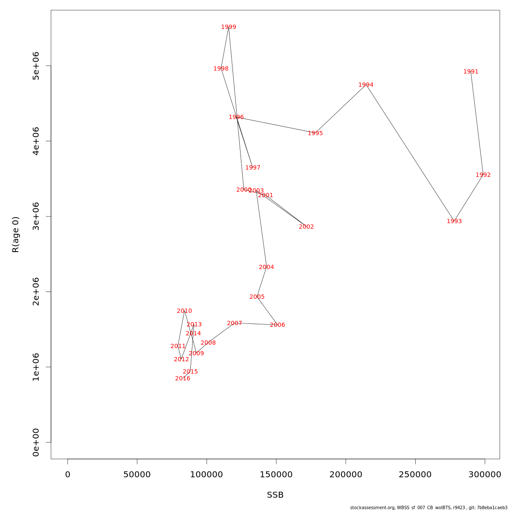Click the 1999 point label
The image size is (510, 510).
pyautogui.click(x=229, y=27)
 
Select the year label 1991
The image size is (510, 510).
pyautogui.click(x=471, y=72)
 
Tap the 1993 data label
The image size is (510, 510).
pyautogui.click(x=454, y=221)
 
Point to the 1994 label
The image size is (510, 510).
pyautogui.click(x=366, y=85)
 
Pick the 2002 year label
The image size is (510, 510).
pyautogui.click(x=306, y=227)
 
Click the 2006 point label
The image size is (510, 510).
pyautogui.click(x=278, y=325)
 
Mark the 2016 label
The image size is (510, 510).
pyautogui.click(x=183, y=379)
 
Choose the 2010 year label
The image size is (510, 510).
pyautogui.click(x=184, y=311)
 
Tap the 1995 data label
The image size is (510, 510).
pyautogui.click(x=315, y=133)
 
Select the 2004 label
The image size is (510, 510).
pyautogui.click(x=266, y=267)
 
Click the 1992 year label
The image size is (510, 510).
pyautogui.click(x=483, y=175)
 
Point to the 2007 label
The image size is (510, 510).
pyautogui.click(x=235, y=323)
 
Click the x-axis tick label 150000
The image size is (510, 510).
pyautogui.click(x=276, y=475)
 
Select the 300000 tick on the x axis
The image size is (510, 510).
pyautogui.click(x=485, y=475)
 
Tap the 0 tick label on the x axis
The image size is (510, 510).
pyautogui.click(x=68, y=475)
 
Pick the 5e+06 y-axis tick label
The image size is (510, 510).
pyautogui.click(x=36, y=66)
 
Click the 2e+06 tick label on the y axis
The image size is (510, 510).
pyautogui.click(x=36, y=292)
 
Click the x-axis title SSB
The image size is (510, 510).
pyautogui.click(x=275, y=495)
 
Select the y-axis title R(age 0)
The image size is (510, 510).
pyautogui.click(x=16, y=235)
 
